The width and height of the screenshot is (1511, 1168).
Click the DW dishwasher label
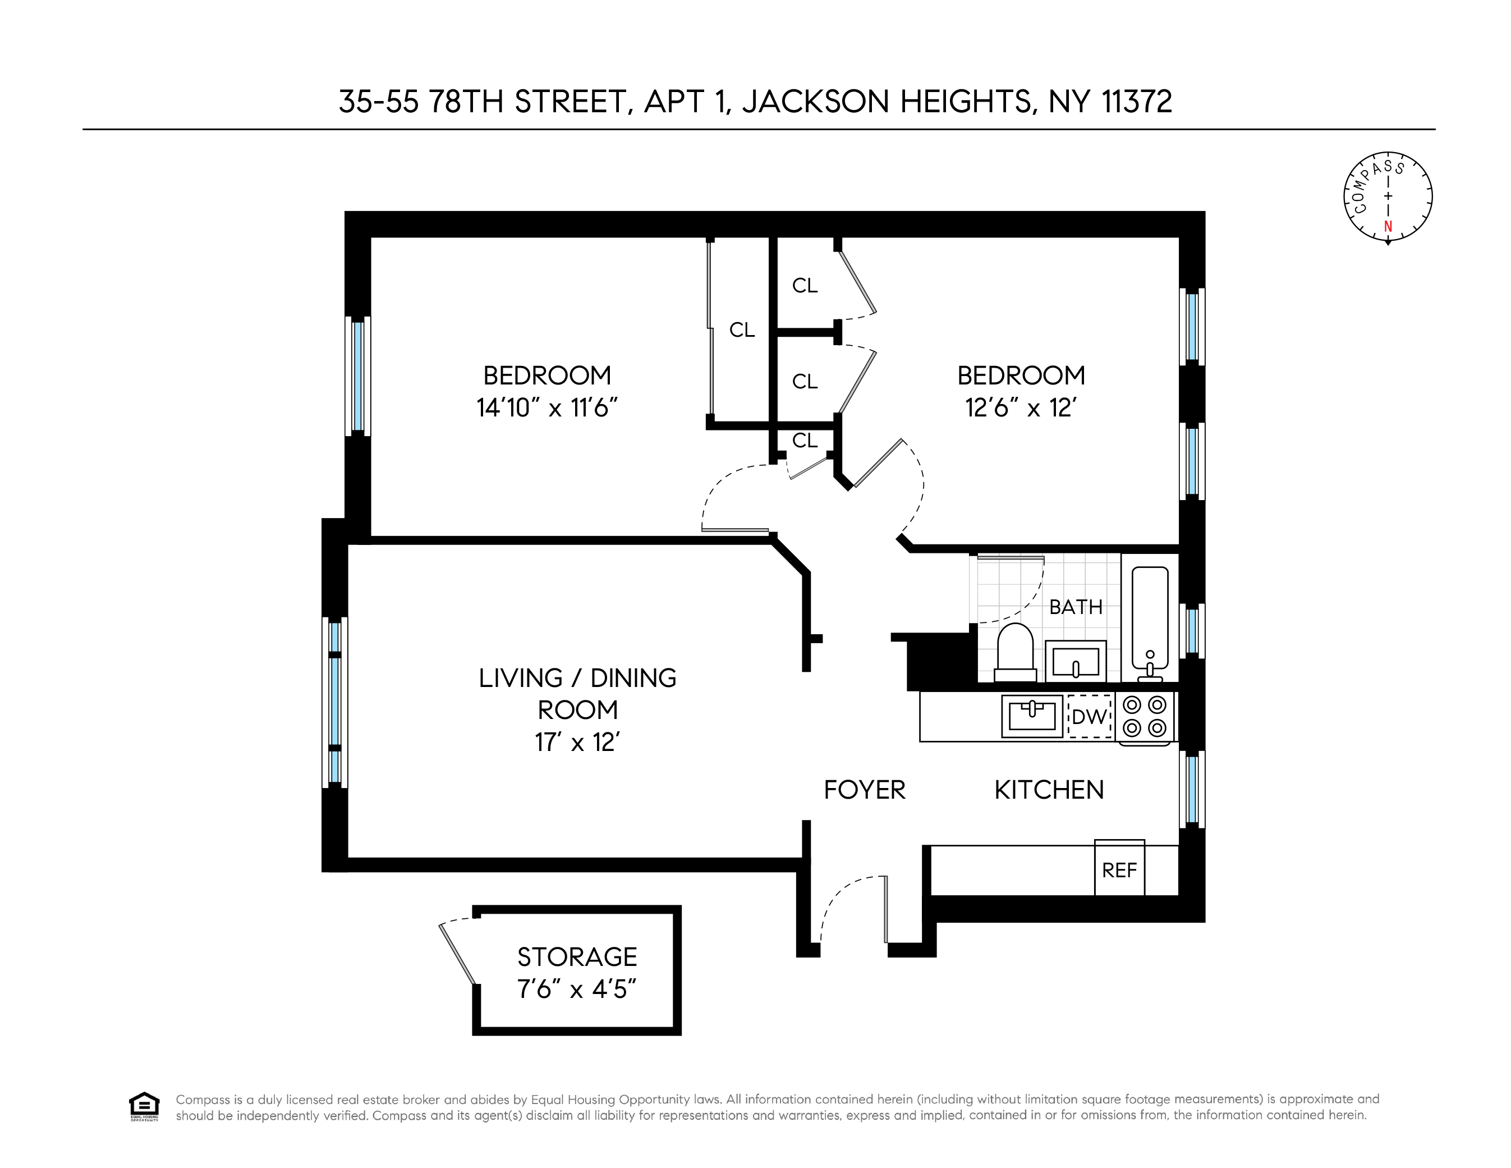pos(1090,716)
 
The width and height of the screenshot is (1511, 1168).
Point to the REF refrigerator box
pos(1119,868)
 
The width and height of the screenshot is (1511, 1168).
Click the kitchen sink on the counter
pos(1031,716)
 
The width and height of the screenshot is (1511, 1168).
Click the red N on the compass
pos(1388,226)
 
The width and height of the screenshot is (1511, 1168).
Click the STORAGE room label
pos(577,957)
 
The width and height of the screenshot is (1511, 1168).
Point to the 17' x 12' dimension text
pos(577,743)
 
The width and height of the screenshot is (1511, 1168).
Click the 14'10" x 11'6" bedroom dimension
pos(546,407)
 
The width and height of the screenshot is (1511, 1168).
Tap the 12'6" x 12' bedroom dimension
pos(1021,407)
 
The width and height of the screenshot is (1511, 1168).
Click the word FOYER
pos(865,790)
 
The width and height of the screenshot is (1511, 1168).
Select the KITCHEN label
pos(1049,790)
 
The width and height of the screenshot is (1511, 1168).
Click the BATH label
pos(1076,607)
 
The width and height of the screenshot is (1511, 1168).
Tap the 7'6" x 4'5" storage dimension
pos(576,990)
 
